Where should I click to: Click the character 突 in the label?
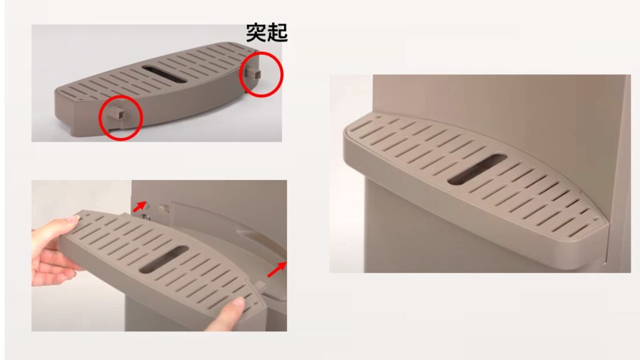click(256, 32)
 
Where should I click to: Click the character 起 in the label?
click(277, 32)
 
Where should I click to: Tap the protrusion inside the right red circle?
click(253, 74)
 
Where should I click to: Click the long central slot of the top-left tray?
click(164, 74)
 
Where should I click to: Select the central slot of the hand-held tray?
click(163, 259)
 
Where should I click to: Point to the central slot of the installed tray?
click(477, 169)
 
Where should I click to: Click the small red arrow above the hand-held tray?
click(139, 206)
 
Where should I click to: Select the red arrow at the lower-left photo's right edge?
click(277, 269)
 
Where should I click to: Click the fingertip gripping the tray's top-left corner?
click(72, 219)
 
